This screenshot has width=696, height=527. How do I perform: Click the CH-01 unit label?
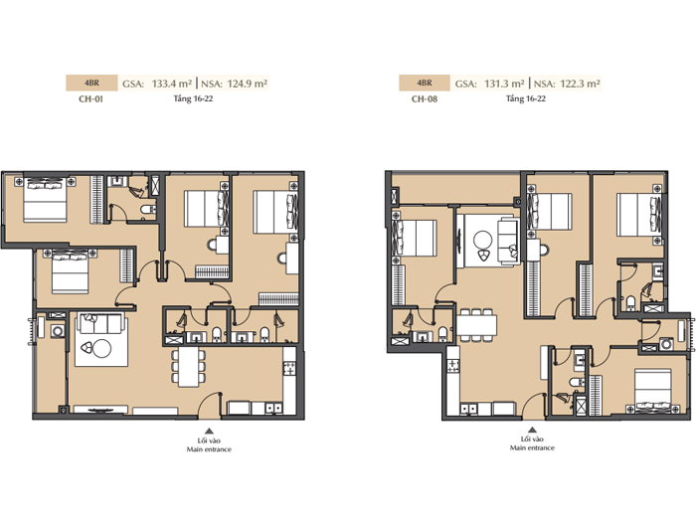click(91, 99)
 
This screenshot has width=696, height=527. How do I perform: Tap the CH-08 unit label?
click(425, 99)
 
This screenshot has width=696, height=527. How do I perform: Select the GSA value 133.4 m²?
click(172, 84)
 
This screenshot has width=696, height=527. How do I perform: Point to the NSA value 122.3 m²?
click(580, 84)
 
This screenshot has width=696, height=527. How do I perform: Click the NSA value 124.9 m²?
click(248, 84)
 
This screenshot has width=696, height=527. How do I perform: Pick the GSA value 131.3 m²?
click(504, 84)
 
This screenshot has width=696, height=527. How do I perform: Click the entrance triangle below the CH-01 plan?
click(209, 431)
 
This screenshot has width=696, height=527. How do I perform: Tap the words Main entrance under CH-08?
click(532, 448)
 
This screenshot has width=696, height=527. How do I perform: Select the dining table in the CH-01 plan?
click(189, 367)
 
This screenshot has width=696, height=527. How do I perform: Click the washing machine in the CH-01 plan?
click(58, 331)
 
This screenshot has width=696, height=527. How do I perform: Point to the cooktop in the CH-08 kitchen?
click(453, 365)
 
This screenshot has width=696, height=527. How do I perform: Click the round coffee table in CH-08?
click(482, 241)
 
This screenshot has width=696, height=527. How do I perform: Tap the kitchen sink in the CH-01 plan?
click(273, 408)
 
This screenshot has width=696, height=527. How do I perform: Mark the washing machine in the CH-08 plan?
click(666, 344)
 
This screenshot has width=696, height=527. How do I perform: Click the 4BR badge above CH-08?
click(425, 83)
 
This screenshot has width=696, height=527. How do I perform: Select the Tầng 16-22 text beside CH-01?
click(193, 98)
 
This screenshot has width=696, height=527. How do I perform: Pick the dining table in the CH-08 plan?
click(476, 325)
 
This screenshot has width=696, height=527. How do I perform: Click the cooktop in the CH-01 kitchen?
click(289, 368)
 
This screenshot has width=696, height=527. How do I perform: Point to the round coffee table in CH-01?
click(101, 349)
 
